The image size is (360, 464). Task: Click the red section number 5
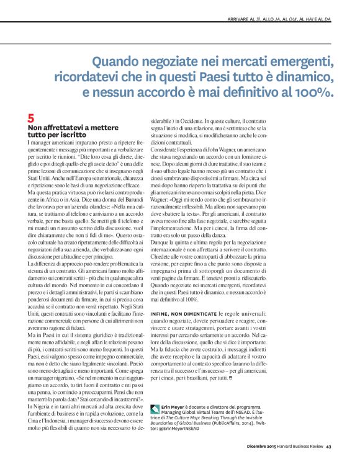click(32, 117)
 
